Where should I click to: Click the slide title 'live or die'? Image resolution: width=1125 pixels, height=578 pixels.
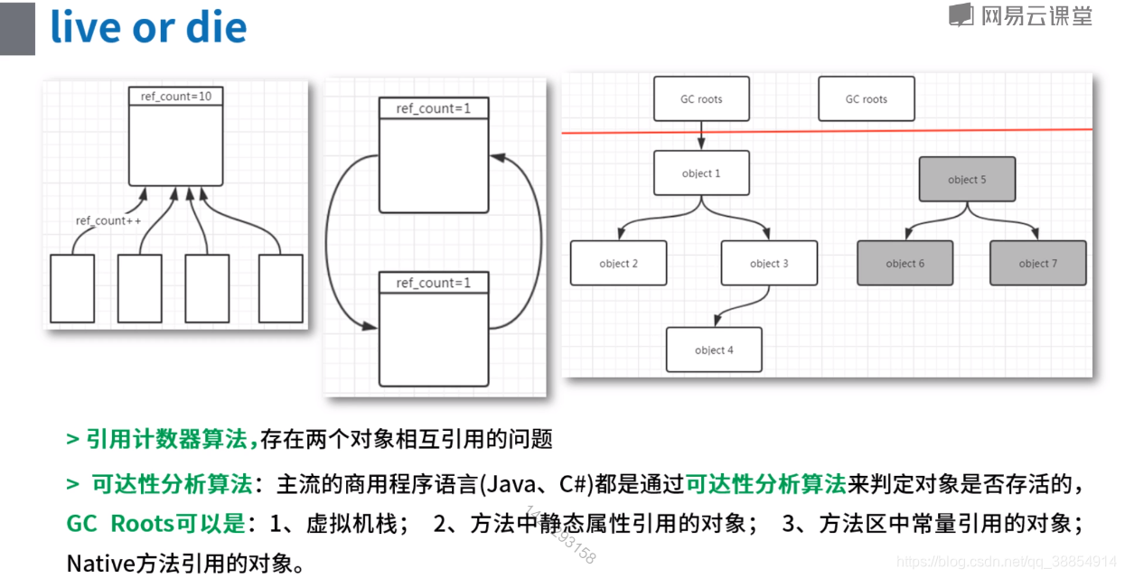coord(148,28)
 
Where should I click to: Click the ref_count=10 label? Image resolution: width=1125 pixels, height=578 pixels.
coord(175,96)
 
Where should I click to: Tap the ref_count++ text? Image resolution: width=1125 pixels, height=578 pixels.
coord(108,220)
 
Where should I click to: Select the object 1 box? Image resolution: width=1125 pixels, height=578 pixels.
coord(701,173)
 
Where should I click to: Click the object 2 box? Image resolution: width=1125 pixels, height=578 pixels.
coord(618,263)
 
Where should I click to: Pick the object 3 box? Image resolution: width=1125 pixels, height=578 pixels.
coord(769,263)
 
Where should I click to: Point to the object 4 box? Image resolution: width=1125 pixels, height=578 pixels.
coord(714,350)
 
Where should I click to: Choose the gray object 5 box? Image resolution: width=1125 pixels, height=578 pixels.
coord(966,180)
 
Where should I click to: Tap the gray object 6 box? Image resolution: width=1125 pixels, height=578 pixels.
coord(905,263)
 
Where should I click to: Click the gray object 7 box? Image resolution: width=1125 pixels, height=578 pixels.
coord(1037,263)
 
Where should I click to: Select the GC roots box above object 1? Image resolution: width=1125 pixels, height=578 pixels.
coord(701,99)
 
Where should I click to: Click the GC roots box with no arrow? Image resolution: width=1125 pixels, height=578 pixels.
coord(866,99)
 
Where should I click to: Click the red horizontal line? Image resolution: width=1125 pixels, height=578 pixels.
coord(904,131)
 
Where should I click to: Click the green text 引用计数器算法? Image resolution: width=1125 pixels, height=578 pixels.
coord(166,440)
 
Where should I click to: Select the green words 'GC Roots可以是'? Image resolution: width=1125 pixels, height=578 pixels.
coord(155,524)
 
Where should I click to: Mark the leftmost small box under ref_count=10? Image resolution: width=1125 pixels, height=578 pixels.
coord(72,288)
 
